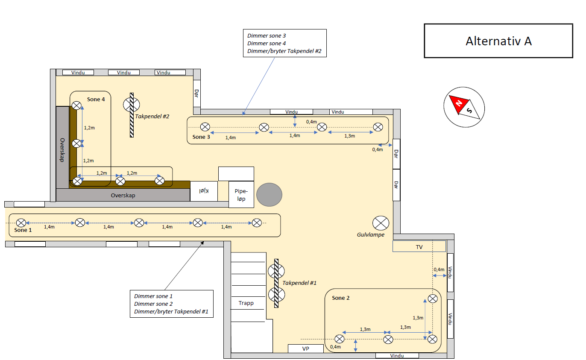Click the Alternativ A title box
click(498, 41)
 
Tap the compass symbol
click(464, 107)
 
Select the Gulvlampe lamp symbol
click(381, 223)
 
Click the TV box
click(419, 246)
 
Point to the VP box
click(305, 349)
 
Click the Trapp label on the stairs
click(246, 303)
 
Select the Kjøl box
click(204, 191)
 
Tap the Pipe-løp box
click(241, 195)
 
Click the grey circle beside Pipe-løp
click(269, 195)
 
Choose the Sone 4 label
click(96, 100)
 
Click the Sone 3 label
click(201, 137)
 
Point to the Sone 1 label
click(23, 230)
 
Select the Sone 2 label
click(340, 298)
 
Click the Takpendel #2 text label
click(152, 116)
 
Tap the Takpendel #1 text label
click(299, 283)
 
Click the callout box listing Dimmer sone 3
click(284, 44)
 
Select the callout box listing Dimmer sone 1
click(171, 304)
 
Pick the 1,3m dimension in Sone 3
click(349, 136)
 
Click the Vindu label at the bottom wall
click(397, 355)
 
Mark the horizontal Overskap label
click(123, 195)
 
